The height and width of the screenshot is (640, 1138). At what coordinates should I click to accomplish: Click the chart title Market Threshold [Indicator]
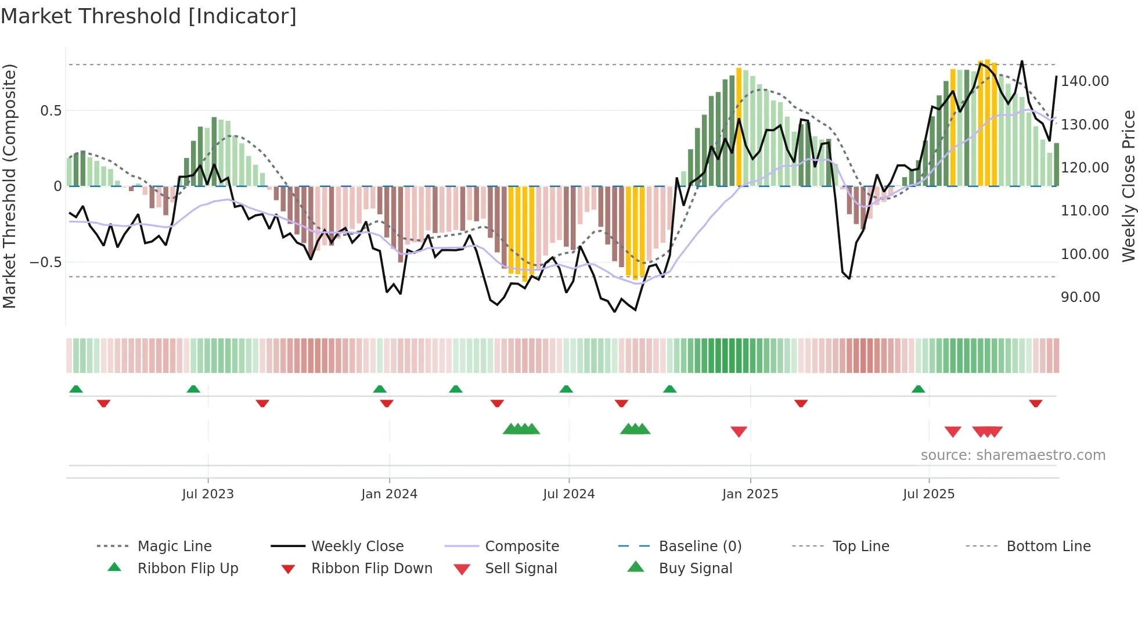[x=149, y=16]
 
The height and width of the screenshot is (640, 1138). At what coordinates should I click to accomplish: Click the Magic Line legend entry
[x=174, y=546]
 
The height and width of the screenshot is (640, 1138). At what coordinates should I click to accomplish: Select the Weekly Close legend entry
[x=357, y=546]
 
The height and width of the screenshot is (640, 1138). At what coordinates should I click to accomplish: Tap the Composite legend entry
[x=521, y=546]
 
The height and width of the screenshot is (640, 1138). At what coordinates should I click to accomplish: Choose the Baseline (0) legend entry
[x=700, y=546]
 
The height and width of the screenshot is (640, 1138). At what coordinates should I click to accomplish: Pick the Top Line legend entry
[x=860, y=546]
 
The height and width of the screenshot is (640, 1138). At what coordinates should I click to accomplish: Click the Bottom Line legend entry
[x=1048, y=546]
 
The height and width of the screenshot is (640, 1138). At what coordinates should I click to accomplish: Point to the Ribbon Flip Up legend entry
[x=188, y=569]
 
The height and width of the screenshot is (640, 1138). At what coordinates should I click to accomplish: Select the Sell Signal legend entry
[x=521, y=569]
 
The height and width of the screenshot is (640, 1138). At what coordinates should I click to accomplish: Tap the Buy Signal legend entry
[x=695, y=569]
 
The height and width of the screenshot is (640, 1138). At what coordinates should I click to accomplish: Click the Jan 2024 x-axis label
[x=389, y=494]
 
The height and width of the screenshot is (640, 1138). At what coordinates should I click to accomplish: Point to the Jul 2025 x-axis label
[x=928, y=494]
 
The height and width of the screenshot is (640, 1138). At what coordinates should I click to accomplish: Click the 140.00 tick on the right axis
[x=1085, y=81]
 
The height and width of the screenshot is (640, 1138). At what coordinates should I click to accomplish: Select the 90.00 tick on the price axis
[x=1080, y=297]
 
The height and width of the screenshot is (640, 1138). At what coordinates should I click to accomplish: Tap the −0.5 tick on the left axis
[x=46, y=263]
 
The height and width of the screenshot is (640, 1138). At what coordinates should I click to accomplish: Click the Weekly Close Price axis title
[x=1128, y=186]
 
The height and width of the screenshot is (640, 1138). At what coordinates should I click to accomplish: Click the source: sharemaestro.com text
[x=1013, y=455]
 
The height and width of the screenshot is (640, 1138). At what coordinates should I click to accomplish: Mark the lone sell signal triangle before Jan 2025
[x=739, y=432]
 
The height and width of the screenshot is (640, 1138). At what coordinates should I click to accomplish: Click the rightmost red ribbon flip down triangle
[x=1035, y=403]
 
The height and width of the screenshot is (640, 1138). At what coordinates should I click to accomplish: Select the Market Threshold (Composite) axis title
[x=10, y=186]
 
